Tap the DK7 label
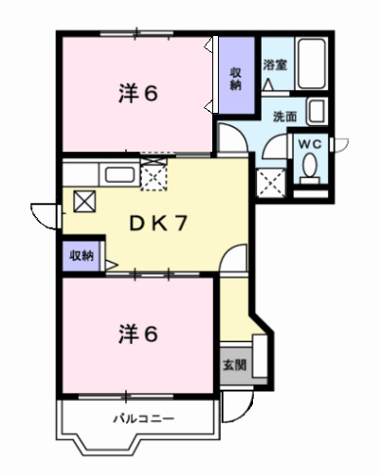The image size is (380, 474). pos(162,225)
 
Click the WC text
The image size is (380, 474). pos(310,143)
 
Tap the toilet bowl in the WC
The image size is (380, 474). pos(310,169)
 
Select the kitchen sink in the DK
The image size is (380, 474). pos(118,174)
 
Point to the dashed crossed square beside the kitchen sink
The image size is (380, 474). pos(154,173)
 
